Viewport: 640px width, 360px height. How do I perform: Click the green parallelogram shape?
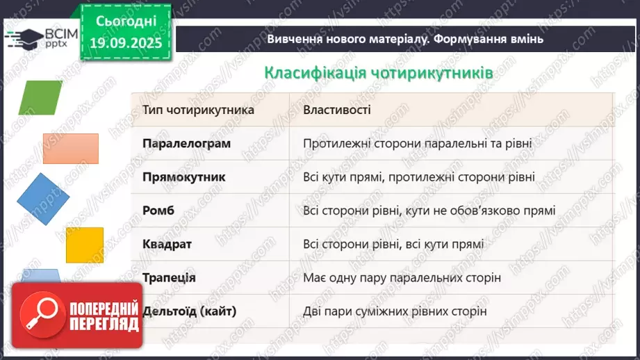click(x=42, y=98)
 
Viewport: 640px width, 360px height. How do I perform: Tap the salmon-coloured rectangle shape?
click(x=70, y=149)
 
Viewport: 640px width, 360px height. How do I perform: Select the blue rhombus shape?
click(x=43, y=199)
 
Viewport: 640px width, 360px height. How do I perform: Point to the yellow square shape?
click(x=84, y=244)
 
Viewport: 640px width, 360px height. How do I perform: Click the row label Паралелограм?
click(x=186, y=143)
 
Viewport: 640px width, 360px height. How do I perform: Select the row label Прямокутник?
click(x=183, y=177)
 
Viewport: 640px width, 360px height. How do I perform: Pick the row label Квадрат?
click(x=167, y=244)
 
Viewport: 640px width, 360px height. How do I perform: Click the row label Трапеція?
click(x=169, y=277)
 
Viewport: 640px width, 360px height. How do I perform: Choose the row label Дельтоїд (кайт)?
click(x=189, y=311)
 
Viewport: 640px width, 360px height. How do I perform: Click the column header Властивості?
click(x=337, y=110)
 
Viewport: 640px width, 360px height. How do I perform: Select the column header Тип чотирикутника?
click(x=198, y=110)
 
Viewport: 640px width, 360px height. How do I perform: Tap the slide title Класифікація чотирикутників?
click(x=379, y=73)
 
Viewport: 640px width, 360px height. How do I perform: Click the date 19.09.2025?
click(x=125, y=42)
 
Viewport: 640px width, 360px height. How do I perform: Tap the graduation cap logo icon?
click(x=22, y=37)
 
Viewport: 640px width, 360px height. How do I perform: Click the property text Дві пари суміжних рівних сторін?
click(x=394, y=311)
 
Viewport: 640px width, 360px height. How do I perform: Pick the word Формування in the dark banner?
click(x=474, y=39)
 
